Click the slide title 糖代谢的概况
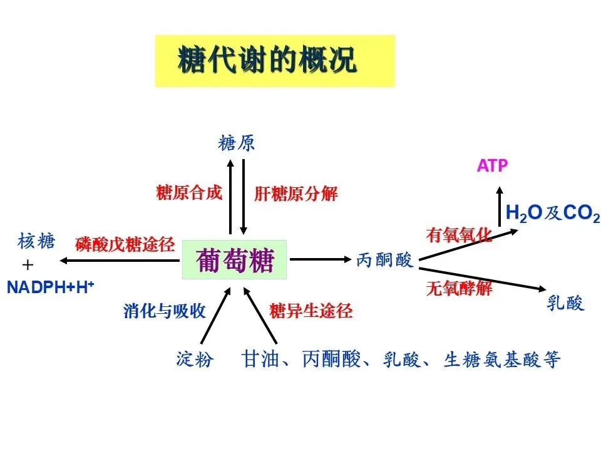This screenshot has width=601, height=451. pos(267,61)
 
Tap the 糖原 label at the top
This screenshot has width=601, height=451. pos(237,143)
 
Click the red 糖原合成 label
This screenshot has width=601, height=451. pos(189,193)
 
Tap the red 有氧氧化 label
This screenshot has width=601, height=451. pos(459,235)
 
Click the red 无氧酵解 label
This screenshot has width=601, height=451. pos(459,289)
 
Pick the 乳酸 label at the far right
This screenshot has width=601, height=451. pos(565,304)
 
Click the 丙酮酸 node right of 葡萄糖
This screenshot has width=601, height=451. pos(385,260)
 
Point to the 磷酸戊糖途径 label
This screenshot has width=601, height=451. pos(125,245)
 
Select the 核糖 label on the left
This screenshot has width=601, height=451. pos(37,241)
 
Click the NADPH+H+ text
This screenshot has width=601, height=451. pos(50,288)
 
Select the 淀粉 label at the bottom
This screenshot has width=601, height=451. pos(195,360)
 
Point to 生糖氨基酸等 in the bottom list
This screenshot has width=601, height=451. pos(501,360)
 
